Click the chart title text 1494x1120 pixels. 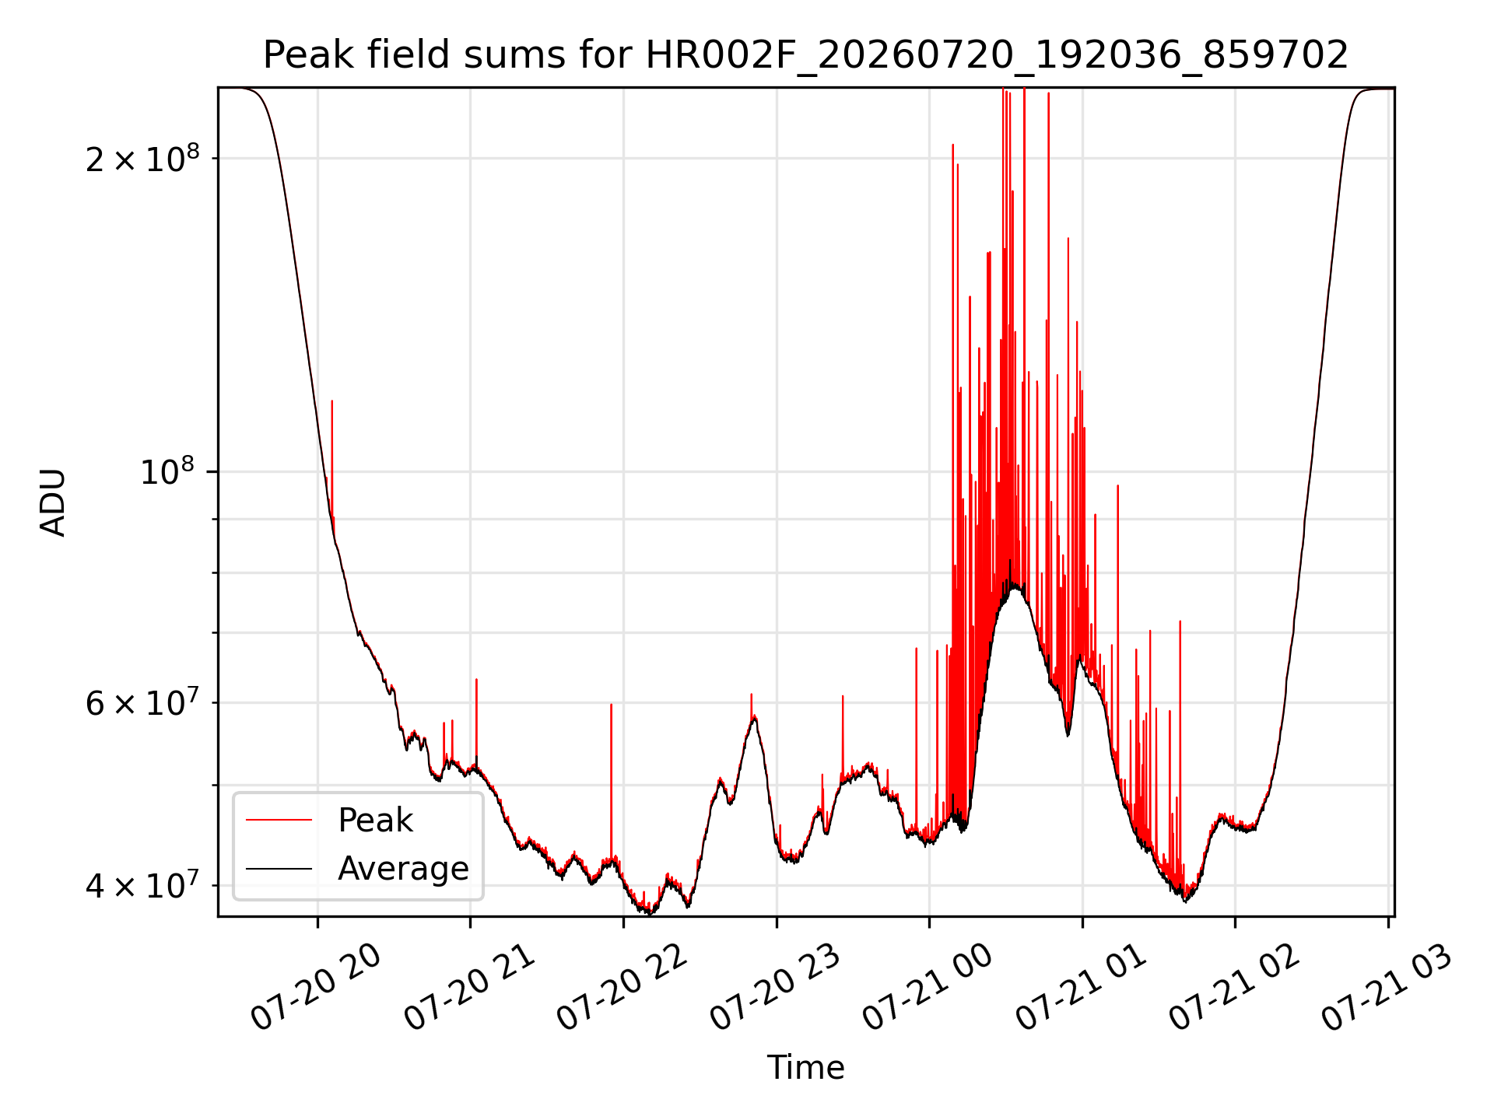805,55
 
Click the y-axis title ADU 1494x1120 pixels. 53,502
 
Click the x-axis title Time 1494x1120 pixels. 805,1067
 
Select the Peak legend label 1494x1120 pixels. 375,821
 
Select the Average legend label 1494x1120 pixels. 403,868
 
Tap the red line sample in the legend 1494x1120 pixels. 279,820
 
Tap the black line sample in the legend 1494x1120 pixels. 279,868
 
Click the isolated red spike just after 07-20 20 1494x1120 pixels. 332,459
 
